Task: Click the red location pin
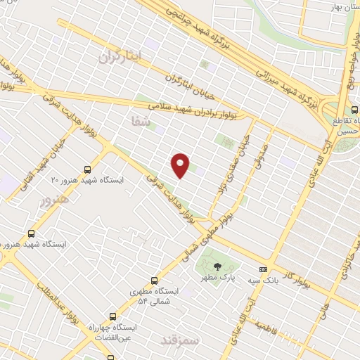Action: point(181,165)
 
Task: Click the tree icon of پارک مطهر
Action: point(216,266)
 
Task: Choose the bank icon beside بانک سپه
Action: point(263,269)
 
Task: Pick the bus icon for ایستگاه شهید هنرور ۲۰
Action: point(88,169)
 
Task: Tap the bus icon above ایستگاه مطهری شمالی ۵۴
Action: point(154,280)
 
